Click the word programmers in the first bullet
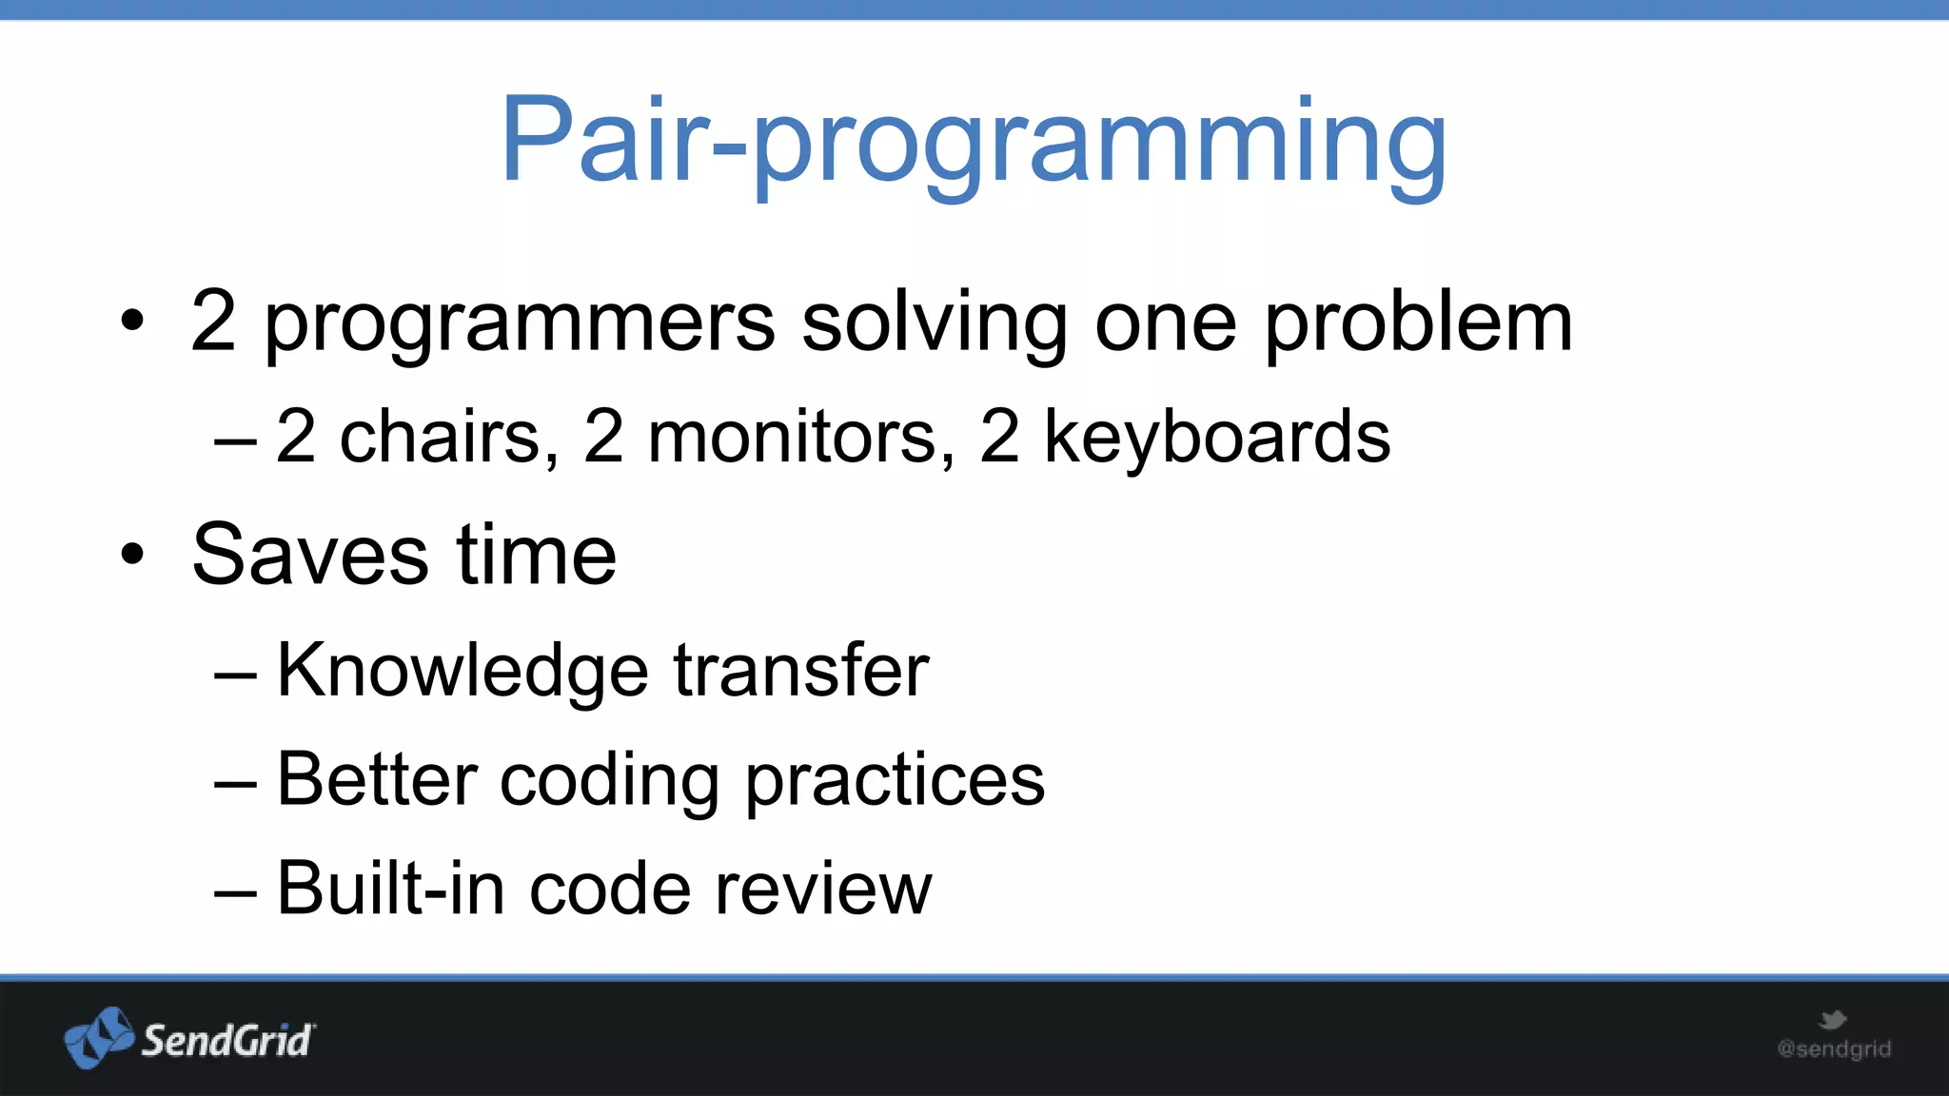coord(520,323)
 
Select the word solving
coord(935,323)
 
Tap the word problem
coord(1418,323)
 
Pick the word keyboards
coord(1217,437)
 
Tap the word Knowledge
coord(463,672)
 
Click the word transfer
coord(801,670)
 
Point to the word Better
coord(377,779)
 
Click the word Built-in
coord(390,889)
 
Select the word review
coord(823,890)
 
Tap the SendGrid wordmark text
coord(226,1040)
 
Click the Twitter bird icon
coord(1832,1021)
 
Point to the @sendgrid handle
coord(1834,1048)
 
